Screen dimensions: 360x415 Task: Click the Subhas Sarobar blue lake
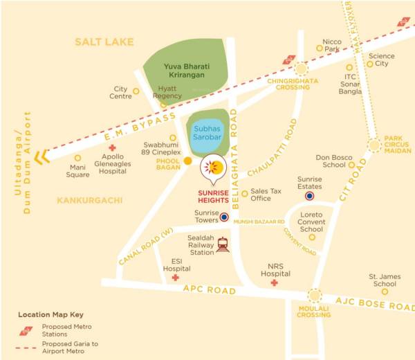click(x=207, y=132)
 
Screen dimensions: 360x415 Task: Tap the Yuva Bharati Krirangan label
click(x=185, y=70)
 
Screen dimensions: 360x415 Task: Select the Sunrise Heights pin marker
click(x=213, y=168)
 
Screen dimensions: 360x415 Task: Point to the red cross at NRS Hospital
click(x=275, y=282)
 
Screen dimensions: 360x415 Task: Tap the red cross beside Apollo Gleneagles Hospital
click(x=112, y=148)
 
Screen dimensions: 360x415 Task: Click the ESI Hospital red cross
click(x=176, y=278)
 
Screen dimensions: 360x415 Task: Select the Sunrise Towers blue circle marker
click(x=224, y=217)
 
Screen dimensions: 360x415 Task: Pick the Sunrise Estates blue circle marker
click(x=310, y=196)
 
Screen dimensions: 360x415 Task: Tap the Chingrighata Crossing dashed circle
click(x=300, y=68)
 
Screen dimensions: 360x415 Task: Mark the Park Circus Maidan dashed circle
click(x=374, y=145)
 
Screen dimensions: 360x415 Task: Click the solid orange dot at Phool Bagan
click(x=187, y=161)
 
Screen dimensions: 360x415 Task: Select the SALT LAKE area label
click(x=104, y=43)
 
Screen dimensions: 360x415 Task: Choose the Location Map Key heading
click(x=51, y=314)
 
